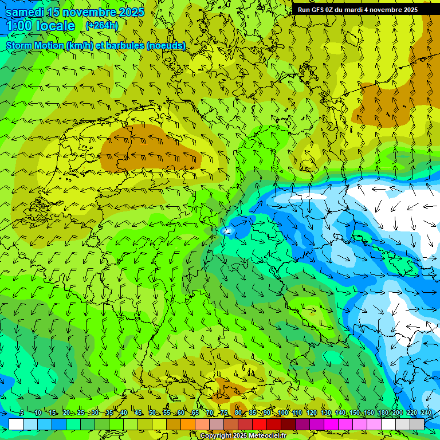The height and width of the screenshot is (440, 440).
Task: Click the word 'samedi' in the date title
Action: (x=24, y=12)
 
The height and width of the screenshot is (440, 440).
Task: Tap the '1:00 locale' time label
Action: (x=41, y=26)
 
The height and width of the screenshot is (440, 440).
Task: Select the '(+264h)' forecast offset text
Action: (x=102, y=25)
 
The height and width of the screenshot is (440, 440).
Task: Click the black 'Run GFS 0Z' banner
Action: (x=357, y=10)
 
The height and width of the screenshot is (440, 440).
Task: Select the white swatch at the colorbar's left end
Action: (x=15, y=424)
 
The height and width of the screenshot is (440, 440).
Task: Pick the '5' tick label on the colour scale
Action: (x=22, y=412)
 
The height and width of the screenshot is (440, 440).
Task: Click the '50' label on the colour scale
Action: (x=152, y=412)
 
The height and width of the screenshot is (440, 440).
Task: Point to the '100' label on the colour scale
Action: (x=283, y=412)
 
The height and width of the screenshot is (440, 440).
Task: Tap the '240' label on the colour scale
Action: (x=426, y=412)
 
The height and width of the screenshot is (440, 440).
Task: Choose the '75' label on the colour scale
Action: (x=224, y=412)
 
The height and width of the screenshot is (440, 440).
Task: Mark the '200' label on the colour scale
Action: (x=398, y=412)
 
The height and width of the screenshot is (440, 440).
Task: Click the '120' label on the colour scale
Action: (x=312, y=412)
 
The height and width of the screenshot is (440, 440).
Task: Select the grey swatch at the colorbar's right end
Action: (x=417, y=424)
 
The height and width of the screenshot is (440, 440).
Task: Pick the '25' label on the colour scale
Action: (x=80, y=412)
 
